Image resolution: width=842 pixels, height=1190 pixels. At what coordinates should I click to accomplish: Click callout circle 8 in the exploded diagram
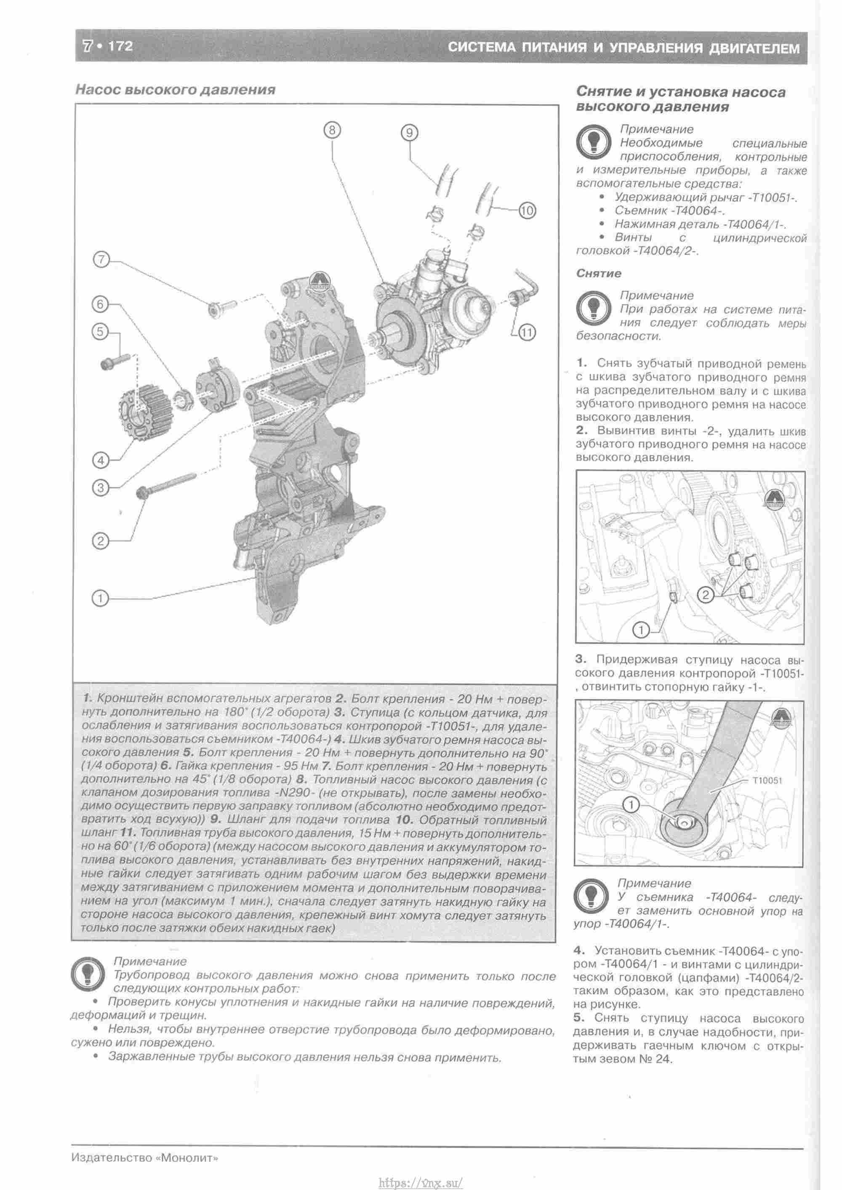[x=332, y=130]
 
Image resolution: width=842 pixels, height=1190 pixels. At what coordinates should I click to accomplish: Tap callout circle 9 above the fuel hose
[x=409, y=133]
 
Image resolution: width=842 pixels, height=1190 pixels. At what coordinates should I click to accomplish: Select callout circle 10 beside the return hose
[x=527, y=210]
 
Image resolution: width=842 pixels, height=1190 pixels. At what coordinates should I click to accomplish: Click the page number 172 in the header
[x=121, y=46]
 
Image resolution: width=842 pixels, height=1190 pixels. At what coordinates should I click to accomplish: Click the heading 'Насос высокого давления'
[x=175, y=90]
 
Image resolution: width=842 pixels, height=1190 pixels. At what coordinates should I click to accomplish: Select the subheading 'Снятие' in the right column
[x=598, y=273]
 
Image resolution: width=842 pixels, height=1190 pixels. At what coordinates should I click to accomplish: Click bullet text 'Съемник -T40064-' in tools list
[x=669, y=210]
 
